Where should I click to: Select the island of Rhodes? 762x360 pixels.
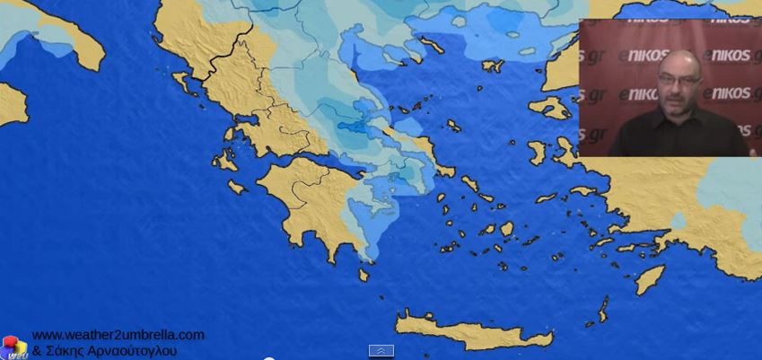coord(650,279)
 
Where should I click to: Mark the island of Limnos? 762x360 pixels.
coord(492,66)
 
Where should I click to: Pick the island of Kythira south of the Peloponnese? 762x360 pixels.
coord(363,274)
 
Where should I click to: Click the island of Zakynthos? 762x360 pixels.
coord(237,187)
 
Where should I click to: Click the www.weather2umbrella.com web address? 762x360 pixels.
coord(118,335)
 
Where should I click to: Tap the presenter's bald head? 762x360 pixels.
coord(678,58)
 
